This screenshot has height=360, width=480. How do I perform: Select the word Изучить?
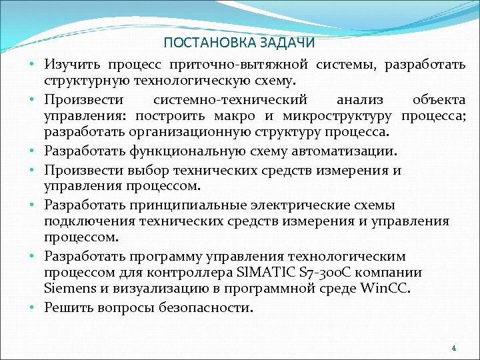tap(70, 65)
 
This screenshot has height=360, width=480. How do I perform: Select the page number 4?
tap(453, 347)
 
